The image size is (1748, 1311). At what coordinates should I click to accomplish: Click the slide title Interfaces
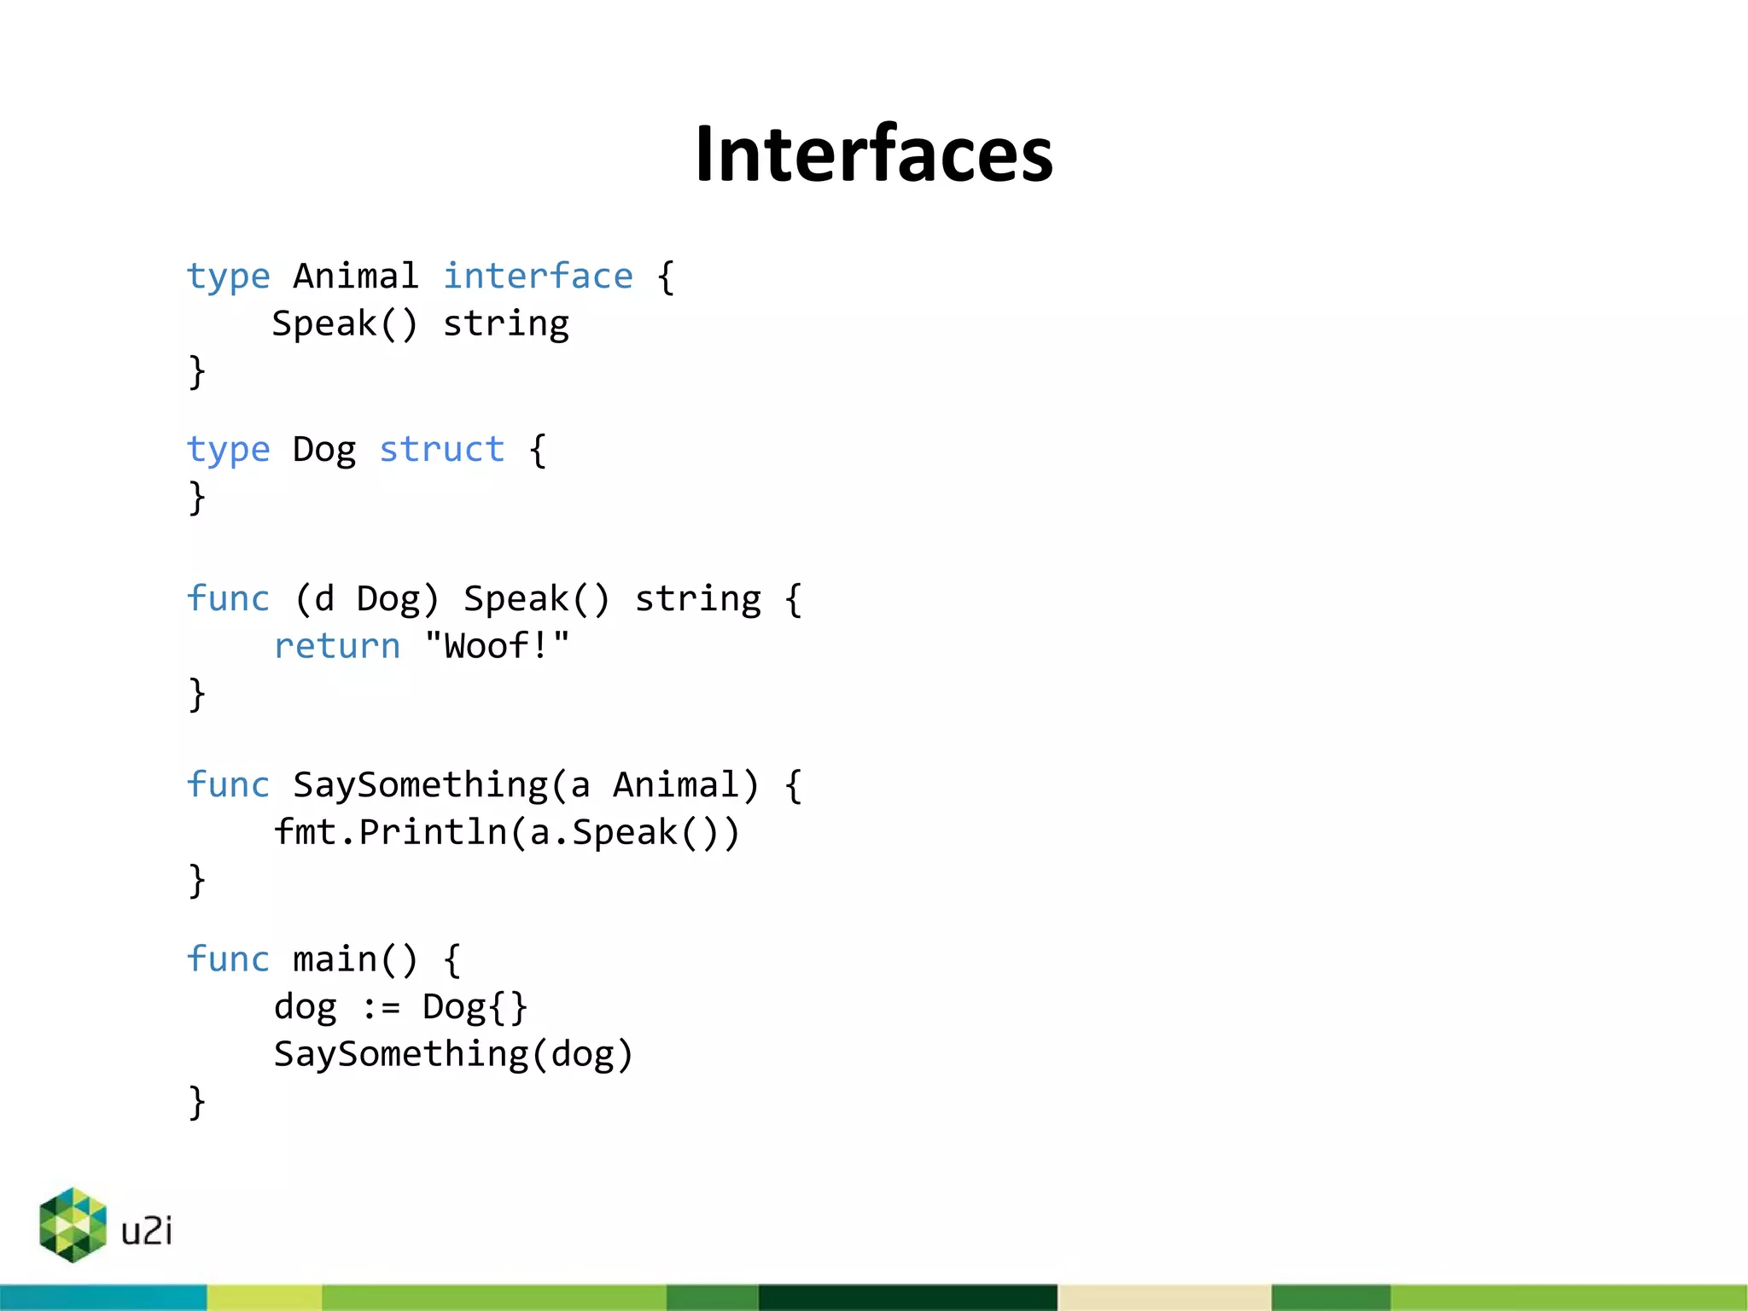coord(874,154)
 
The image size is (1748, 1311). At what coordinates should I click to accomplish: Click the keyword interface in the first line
coord(538,277)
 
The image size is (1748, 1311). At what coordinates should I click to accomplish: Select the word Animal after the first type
coord(356,277)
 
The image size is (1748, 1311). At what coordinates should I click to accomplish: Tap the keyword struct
coord(441,450)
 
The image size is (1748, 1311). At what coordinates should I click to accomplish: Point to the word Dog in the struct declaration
coord(324,450)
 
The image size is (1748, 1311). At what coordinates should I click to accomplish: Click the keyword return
coord(336,646)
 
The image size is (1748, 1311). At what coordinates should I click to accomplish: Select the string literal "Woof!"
coord(497,646)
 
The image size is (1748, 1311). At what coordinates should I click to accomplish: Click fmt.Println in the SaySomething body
coord(390,832)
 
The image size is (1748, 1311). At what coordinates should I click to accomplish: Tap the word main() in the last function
coord(356,959)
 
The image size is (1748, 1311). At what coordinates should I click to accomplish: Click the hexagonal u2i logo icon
coord(73,1225)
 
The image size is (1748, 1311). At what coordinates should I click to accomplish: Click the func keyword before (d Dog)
coord(228,599)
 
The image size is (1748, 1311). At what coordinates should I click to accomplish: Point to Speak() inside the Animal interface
coord(345,324)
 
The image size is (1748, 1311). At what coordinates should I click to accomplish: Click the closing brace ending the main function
coord(197,1102)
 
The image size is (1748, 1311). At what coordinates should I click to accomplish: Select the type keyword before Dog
coord(228,450)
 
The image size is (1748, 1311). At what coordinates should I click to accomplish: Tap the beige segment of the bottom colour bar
coord(1164,1297)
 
